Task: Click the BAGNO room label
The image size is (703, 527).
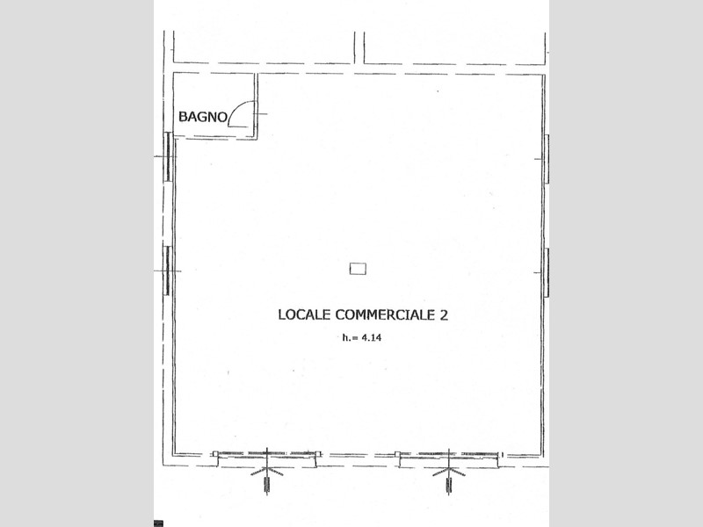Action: pyautogui.click(x=203, y=117)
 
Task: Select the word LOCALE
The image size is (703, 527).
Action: pyautogui.click(x=305, y=314)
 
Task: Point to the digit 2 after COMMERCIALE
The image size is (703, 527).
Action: pyautogui.click(x=444, y=315)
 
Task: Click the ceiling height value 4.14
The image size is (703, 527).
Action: pyautogui.click(x=371, y=338)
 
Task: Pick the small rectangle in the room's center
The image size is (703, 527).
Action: pyautogui.click(x=358, y=269)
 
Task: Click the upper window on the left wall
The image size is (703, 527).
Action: pyautogui.click(x=168, y=157)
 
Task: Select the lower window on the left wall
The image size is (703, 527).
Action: pyautogui.click(x=168, y=271)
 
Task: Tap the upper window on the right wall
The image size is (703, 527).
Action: pyautogui.click(x=547, y=159)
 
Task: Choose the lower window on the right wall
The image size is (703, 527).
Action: pyautogui.click(x=547, y=272)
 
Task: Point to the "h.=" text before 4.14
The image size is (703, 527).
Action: pyautogui.click(x=350, y=338)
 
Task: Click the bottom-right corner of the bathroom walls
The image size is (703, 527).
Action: pyautogui.click(x=257, y=139)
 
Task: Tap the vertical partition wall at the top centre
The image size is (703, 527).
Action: pyautogui.click(x=359, y=47)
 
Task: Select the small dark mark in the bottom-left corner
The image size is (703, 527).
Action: pyautogui.click(x=158, y=523)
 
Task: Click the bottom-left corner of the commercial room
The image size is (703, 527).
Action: pyautogui.click(x=174, y=455)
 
